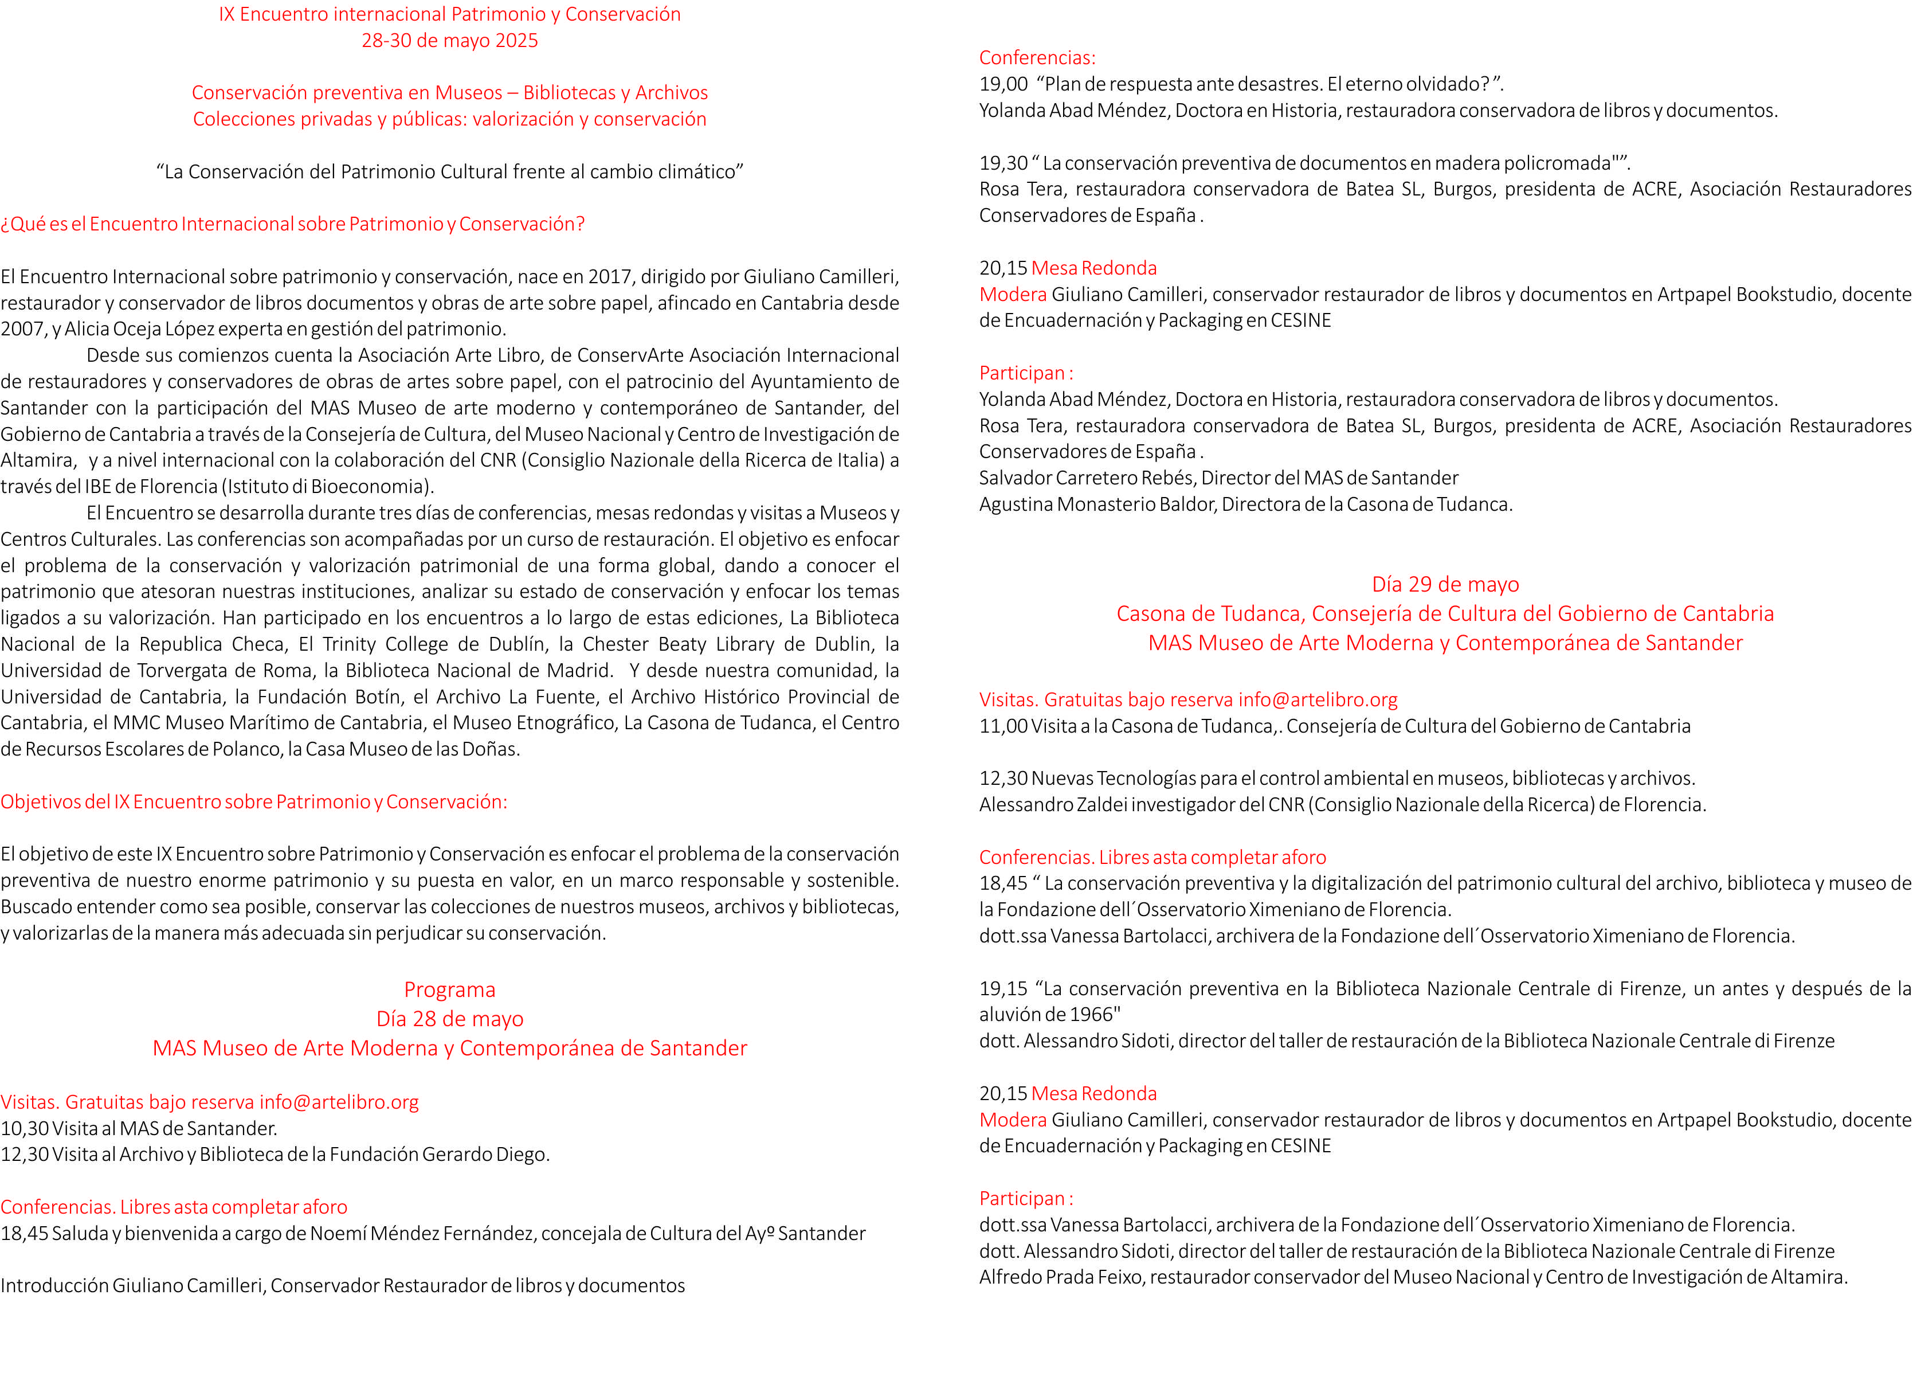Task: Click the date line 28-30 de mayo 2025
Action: tap(450, 41)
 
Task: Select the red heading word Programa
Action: tap(450, 990)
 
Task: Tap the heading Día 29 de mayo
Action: tap(1445, 584)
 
